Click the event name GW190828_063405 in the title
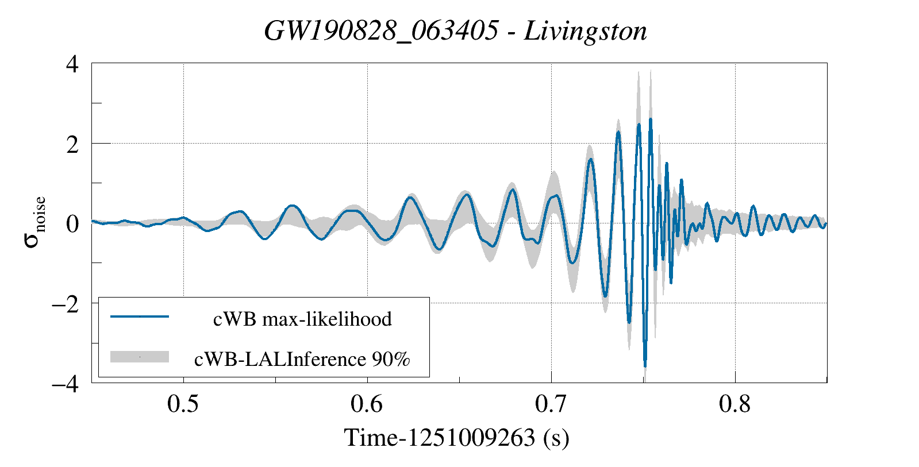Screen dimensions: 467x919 [x=381, y=31]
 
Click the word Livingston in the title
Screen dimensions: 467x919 [x=586, y=31]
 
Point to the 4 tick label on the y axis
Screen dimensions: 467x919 [x=72, y=64]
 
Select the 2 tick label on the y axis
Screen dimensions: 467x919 [x=72, y=144]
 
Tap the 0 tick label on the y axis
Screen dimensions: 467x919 [x=72, y=223]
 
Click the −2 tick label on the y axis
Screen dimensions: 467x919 [x=65, y=303]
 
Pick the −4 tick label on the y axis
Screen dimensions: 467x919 [x=65, y=383]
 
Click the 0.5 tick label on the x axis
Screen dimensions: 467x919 [x=183, y=404]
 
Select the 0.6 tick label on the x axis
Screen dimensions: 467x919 [x=367, y=404]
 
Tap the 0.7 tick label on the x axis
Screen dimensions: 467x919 [x=551, y=404]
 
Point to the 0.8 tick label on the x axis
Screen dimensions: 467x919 [x=735, y=404]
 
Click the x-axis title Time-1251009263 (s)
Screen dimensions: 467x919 [x=457, y=438]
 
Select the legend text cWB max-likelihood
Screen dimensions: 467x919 [x=302, y=319]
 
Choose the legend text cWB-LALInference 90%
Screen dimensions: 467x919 [x=302, y=359]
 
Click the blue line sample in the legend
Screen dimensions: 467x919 [x=140, y=317]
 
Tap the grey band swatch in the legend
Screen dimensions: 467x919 [x=140, y=357]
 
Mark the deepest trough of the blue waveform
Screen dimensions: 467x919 [x=645, y=365]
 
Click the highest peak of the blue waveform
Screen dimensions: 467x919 [x=651, y=119]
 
